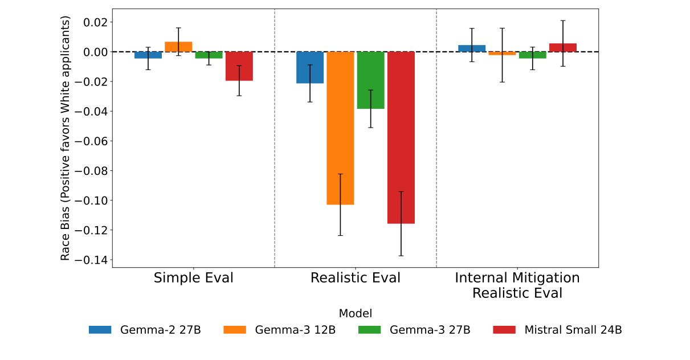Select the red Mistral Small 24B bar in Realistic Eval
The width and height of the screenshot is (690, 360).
pos(401,137)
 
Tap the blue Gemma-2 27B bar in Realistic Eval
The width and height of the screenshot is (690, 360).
pos(310,67)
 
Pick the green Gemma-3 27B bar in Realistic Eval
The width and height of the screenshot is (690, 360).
pos(370,80)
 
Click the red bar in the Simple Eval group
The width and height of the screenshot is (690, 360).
pos(239,66)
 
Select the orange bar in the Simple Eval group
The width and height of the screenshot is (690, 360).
pos(178,47)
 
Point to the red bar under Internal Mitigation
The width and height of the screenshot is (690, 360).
pos(563,48)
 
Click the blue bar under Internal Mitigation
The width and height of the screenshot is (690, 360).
pos(472,48)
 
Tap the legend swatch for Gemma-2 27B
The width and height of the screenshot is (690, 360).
pos(103,330)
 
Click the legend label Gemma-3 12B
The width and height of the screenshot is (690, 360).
pos(295,330)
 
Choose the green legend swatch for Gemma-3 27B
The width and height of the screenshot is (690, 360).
pos(371,330)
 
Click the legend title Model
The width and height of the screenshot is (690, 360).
pos(355,313)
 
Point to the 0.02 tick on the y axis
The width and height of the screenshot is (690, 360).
pos(95,22)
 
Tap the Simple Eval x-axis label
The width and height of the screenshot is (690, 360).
pos(193,278)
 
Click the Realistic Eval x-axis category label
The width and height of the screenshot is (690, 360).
pos(355,278)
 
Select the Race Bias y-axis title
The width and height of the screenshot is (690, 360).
pos(66,138)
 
